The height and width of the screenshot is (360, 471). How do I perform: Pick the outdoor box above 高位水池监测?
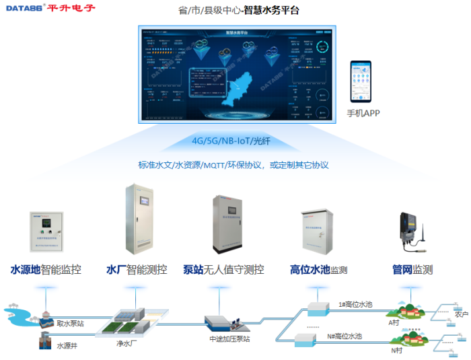(316, 231)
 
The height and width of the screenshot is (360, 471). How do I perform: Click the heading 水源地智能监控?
(46, 270)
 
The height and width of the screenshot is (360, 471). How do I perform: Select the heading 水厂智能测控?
(137, 270)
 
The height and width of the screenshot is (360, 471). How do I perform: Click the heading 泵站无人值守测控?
(223, 270)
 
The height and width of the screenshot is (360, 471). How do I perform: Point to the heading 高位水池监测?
(318, 270)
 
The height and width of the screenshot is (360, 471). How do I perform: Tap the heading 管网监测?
(412, 270)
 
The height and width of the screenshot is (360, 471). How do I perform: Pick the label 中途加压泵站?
(229, 338)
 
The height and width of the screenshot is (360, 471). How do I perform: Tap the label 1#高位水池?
(355, 304)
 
